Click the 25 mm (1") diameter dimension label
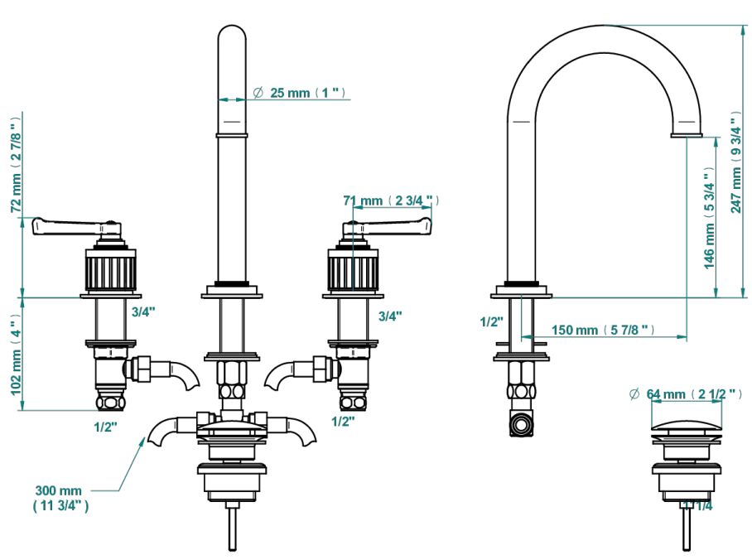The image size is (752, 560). click(x=299, y=92)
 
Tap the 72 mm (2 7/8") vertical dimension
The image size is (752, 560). click(x=17, y=164)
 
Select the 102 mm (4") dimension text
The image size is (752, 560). click(x=17, y=355)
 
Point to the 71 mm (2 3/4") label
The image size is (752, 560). click(x=391, y=200)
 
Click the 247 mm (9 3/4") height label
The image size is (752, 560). click(x=736, y=162)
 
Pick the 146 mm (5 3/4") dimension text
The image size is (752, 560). click(x=709, y=219)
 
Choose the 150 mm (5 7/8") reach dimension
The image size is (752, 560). click(x=603, y=331)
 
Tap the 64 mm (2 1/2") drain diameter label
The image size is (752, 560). click(x=686, y=394)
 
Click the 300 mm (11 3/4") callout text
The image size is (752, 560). click(x=60, y=498)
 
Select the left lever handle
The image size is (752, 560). click(x=77, y=226)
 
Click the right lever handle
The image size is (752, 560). click(x=387, y=226)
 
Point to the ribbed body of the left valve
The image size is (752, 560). click(x=110, y=273)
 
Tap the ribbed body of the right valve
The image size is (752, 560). click(x=353, y=273)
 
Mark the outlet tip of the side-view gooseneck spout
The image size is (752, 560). click(x=687, y=135)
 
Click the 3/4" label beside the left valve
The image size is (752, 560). click(x=143, y=312)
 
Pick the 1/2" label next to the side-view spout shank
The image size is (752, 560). click(x=492, y=321)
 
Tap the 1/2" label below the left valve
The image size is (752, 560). click(x=105, y=427)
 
